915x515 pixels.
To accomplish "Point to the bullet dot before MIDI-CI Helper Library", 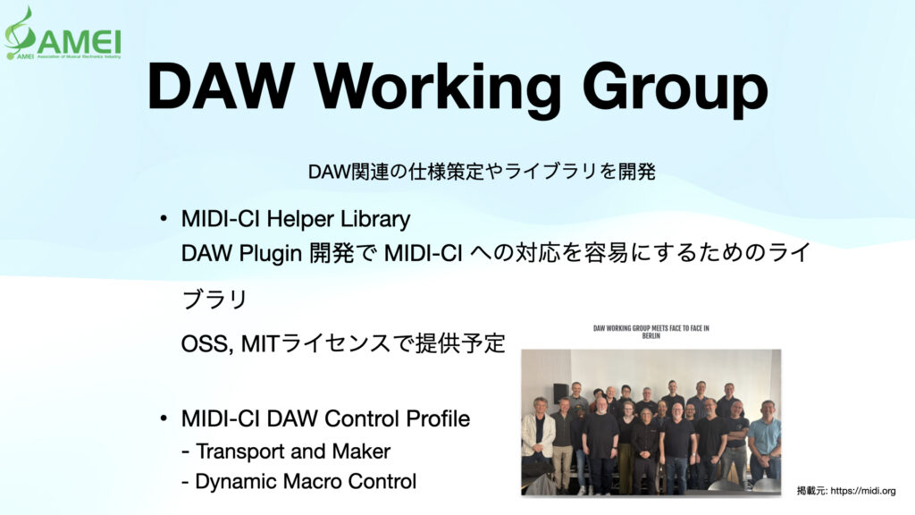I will (x=164, y=219).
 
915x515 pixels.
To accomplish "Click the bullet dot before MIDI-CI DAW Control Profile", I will (x=164, y=418).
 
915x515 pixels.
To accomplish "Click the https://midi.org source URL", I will (x=862, y=491).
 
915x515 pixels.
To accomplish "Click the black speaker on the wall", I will (x=560, y=393).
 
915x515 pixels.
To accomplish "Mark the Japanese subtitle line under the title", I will (x=482, y=172).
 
